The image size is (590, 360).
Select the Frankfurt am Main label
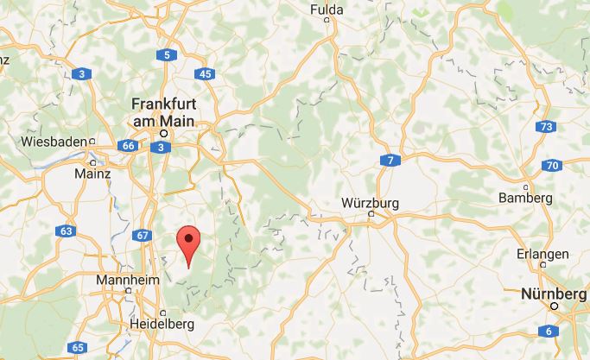point(164,111)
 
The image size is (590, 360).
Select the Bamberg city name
point(525,198)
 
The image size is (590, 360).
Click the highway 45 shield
point(205,74)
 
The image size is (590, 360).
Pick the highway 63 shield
point(67,231)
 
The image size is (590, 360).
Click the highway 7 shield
point(390,161)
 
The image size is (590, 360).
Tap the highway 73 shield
point(544,128)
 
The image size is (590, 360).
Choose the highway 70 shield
point(554,165)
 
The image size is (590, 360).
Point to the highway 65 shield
point(78,347)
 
